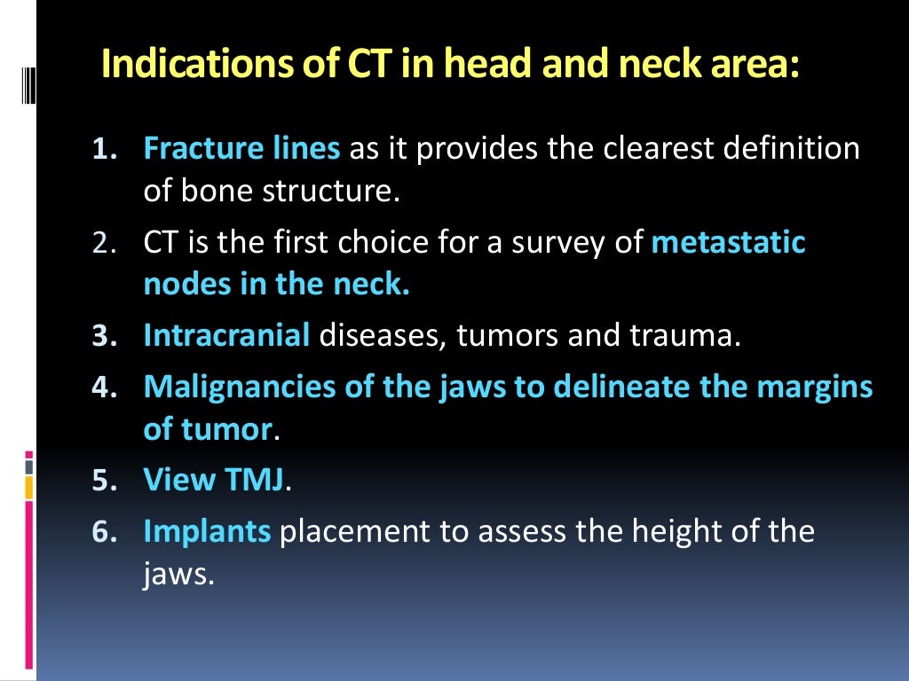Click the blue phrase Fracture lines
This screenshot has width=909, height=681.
(241, 148)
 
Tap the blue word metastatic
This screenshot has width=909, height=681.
(728, 243)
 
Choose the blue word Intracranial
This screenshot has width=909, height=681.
(226, 336)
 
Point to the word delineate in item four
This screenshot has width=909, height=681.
(601, 387)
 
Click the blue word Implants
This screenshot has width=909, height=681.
(207, 530)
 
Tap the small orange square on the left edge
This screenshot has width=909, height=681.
(29, 487)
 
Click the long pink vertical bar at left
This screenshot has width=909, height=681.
(29, 585)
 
